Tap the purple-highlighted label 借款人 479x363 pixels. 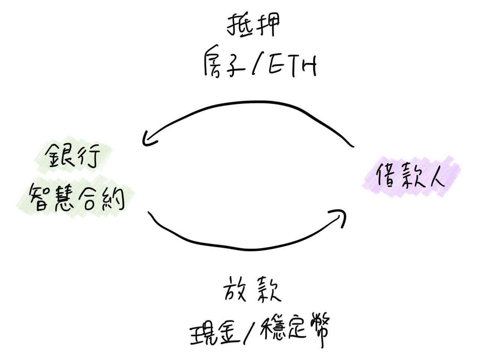[411, 175]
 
